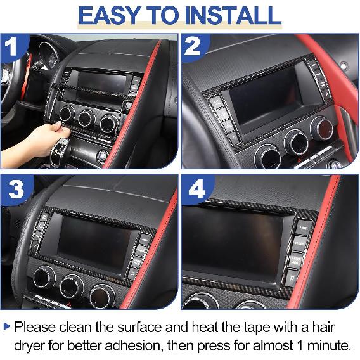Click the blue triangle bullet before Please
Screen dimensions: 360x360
(x=7, y=327)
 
